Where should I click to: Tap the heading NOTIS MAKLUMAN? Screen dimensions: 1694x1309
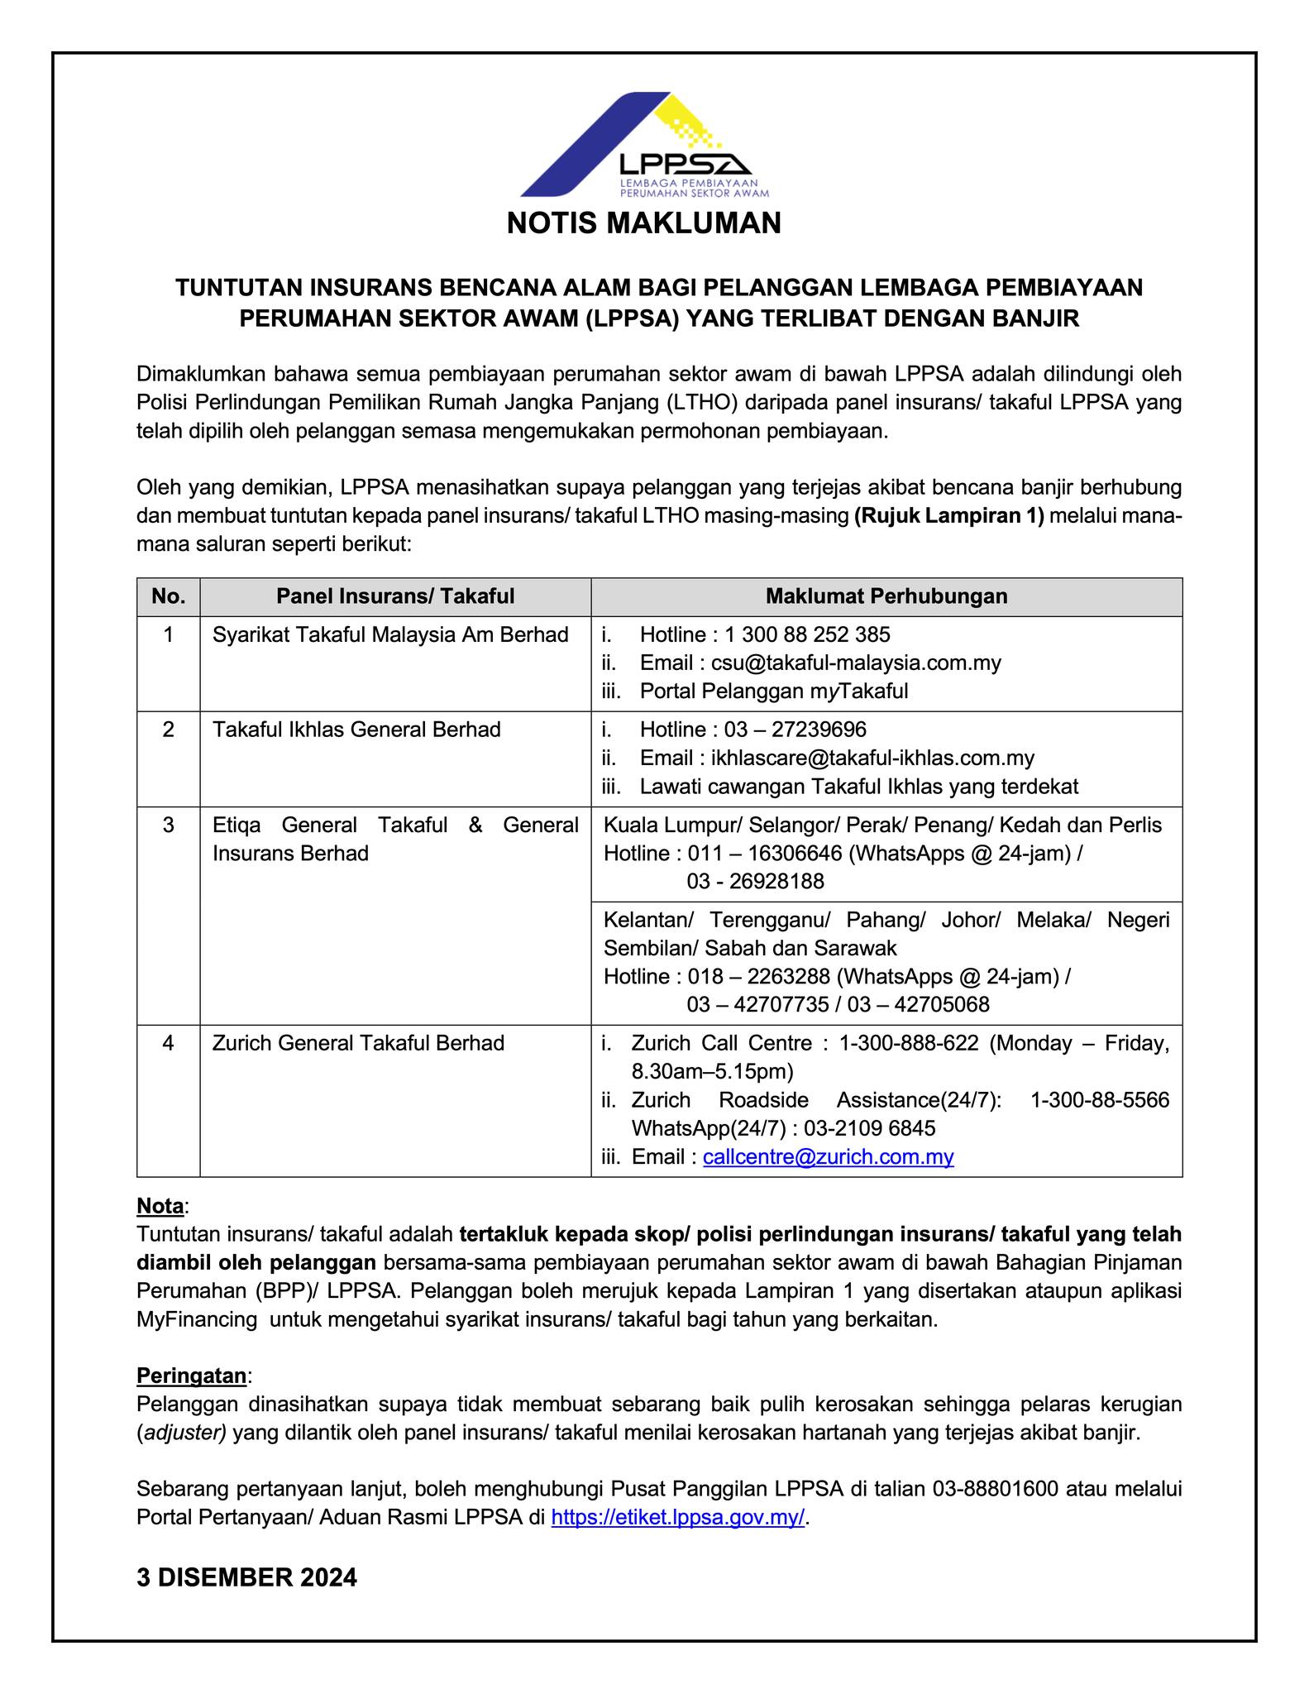tap(643, 223)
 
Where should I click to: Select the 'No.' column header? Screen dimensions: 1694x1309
tap(169, 596)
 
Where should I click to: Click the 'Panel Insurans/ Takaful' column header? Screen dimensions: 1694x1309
tap(395, 596)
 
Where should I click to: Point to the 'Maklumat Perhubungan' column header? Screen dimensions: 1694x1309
tap(886, 596)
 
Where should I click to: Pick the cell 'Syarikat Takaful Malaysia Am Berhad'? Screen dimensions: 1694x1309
tap(390, 635)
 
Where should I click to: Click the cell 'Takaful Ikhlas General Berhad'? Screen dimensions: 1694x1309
tap(356, 730)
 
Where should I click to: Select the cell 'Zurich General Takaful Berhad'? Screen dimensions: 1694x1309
tap(358, 1043)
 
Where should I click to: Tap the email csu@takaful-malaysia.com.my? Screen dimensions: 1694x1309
tap(856, 663)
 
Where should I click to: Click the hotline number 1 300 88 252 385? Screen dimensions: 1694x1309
tap(807, 635)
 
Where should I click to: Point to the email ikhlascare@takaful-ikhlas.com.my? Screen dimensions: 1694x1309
tap(872, 758)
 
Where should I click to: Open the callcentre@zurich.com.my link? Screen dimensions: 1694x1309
tap(828, 1157)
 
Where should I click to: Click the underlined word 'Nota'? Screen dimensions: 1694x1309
tap(160, 1206)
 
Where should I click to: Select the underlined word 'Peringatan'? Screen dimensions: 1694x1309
tap(191, 1376)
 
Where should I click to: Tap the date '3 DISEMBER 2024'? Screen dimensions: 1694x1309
tap(246, 1577)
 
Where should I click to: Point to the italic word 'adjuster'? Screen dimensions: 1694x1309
tap(184, 1433)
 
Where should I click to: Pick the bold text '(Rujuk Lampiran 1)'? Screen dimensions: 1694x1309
tap(949, 516)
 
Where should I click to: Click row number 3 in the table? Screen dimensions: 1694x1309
tap(169, 825)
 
